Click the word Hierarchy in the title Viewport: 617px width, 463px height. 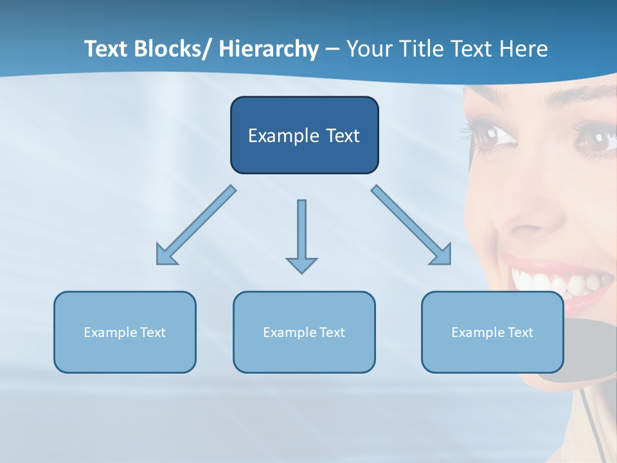[x=268, y=49]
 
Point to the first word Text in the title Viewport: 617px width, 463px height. [x=107, y=49]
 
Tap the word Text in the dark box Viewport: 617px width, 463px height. [x=341, y=136]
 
